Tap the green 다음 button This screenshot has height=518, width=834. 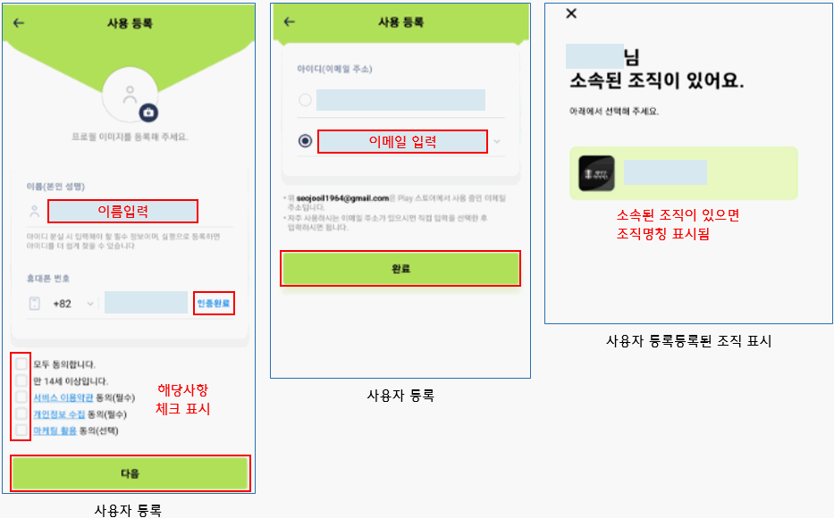[130, 473]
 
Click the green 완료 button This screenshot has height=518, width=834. [400, 268]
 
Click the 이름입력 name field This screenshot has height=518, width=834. [122, 212]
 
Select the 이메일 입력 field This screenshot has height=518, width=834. [402, 141]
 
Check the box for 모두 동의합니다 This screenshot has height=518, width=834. [21, 364]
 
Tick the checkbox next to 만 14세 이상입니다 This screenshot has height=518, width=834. [21, 380]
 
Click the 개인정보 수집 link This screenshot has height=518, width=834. [59, 414]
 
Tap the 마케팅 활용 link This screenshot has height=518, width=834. [56, 430]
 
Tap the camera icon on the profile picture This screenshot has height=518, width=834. [148, 113]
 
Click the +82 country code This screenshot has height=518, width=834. [63, 304]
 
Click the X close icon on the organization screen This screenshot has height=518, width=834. [572, 13]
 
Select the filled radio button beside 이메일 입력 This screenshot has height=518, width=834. [306, 141]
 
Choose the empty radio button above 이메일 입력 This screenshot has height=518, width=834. [306, 100]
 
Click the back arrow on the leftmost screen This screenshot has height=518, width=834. [19, 23]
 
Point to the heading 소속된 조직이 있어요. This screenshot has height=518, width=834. [657, 81]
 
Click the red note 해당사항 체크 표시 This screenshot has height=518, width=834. [182, 399]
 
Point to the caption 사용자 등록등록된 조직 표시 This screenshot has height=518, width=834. [688, 340]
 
